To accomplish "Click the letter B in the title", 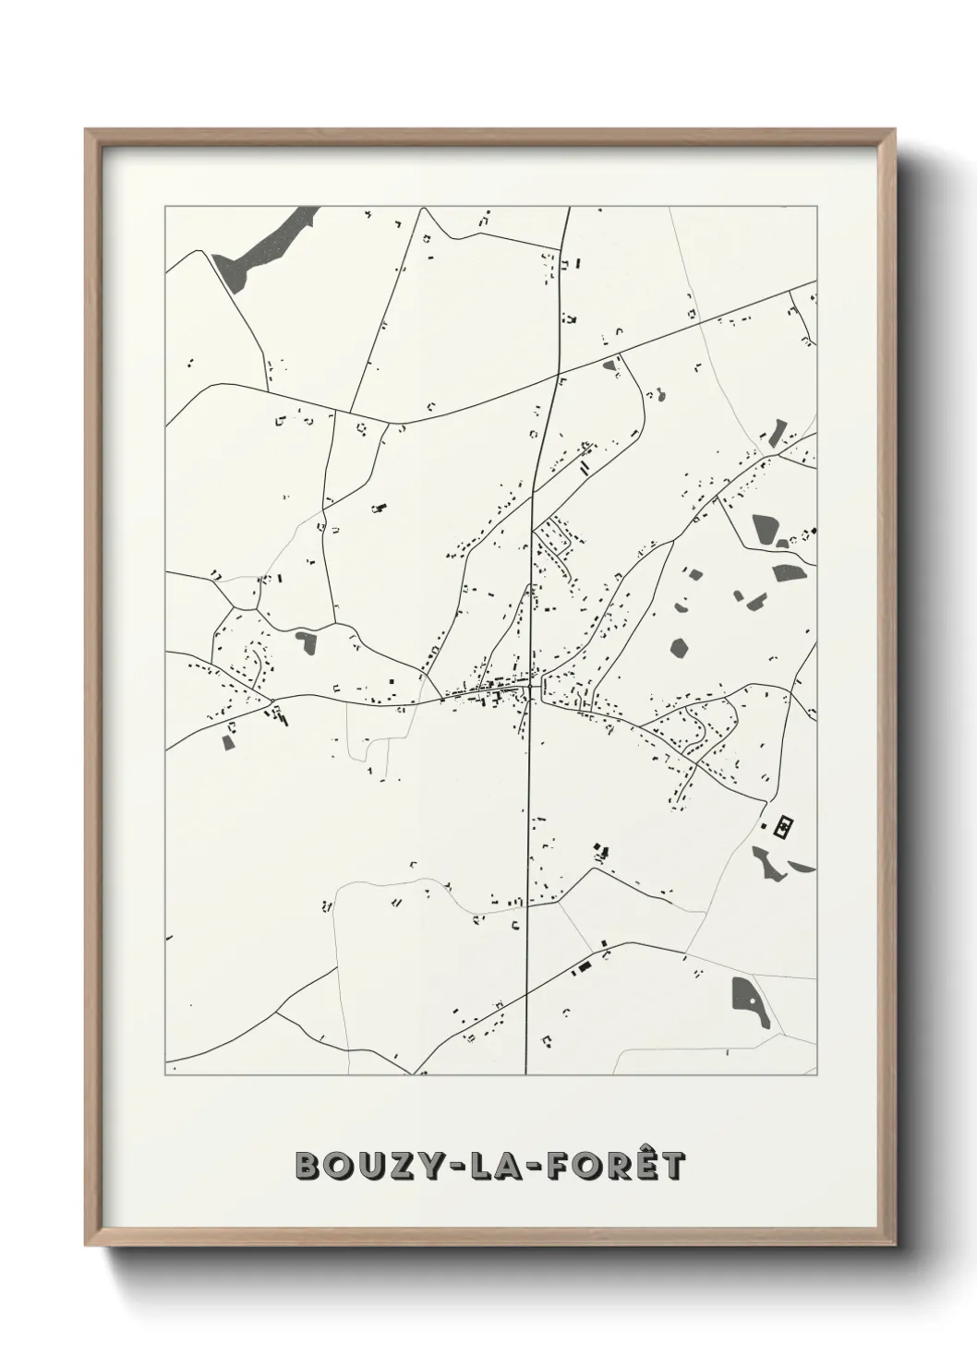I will (308, 1166).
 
